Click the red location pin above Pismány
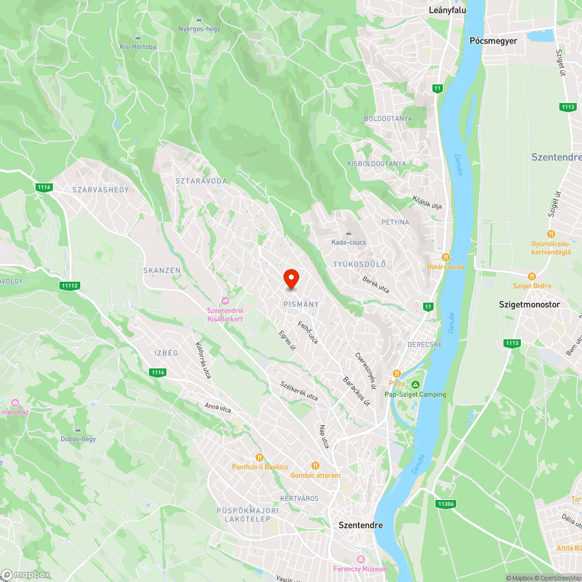click(x=291, y=279)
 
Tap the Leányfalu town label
click(x=448, y=10)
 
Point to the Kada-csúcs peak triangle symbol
click(x=349, y=233)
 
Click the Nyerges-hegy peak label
click(x=199, y=29)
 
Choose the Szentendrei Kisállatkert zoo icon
click(x=225, y=300)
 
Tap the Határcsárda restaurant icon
click(x=446, y=257)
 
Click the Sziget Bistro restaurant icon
click(x=531, y=276)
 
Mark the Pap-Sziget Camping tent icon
click(x=416, y=385)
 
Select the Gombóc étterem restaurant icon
click(x=315, y=466)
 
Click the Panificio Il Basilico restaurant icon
click(x=260, y=457)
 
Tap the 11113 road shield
click(x=69, y=285)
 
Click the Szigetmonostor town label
click(x=530, y=304)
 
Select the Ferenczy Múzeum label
click(x=360, y=569)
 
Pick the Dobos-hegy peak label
click(x=78, y=439)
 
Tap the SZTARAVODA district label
click(x=201, y=181)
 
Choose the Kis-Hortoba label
click(x=138, y=47)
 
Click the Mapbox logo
click(x=26, y=574)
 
